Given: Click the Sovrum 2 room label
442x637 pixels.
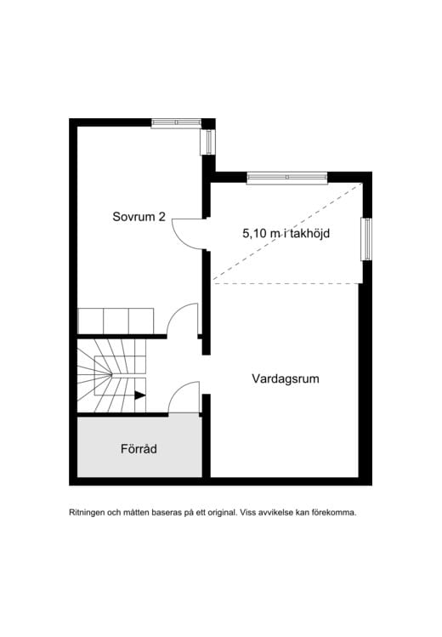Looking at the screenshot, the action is pos(139,217).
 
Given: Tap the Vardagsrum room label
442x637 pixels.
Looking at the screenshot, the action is pos(286,378).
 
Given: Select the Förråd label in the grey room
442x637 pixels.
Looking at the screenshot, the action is pos(139,449).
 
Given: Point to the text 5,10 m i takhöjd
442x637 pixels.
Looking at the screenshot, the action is pos(286,234).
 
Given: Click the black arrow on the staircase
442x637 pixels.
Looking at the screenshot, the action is pos(140,395).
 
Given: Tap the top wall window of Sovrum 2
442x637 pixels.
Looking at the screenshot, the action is pos(176,122).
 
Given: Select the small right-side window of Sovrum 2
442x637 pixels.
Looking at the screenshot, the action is pos(207,142).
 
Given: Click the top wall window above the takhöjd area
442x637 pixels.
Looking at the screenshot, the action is pos(287,177).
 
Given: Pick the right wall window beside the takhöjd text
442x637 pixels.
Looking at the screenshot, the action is pos(366,239).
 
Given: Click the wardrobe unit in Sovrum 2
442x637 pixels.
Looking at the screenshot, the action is pos(116,321).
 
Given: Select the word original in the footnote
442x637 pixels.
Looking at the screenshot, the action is pos(222,513).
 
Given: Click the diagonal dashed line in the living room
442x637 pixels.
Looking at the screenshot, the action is pos(287,232).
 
